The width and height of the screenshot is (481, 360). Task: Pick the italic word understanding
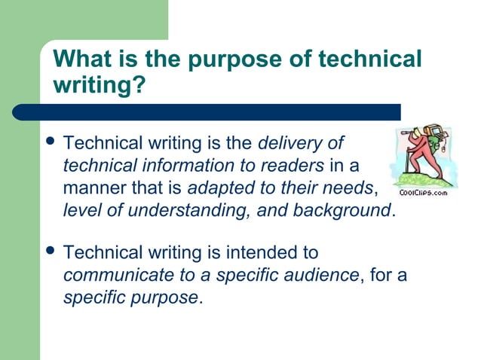(x=189, y=210)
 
